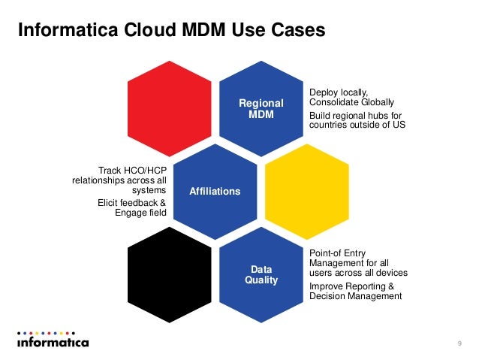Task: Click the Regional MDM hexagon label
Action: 261,108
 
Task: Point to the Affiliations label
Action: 215,192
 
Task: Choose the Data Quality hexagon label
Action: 261,274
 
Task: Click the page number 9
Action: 459,343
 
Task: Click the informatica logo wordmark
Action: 53,343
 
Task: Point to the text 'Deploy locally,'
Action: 339,92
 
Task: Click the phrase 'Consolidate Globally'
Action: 351,102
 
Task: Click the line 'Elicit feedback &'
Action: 132,202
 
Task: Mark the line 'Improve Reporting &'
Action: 350,286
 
